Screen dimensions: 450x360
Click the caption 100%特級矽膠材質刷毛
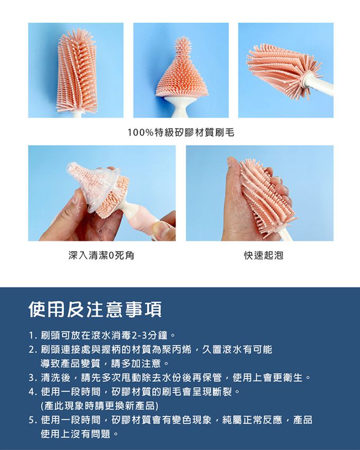click(181, 132)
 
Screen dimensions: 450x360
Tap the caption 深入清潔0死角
click(101, 256)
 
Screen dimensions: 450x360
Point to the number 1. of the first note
click(33, 336)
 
